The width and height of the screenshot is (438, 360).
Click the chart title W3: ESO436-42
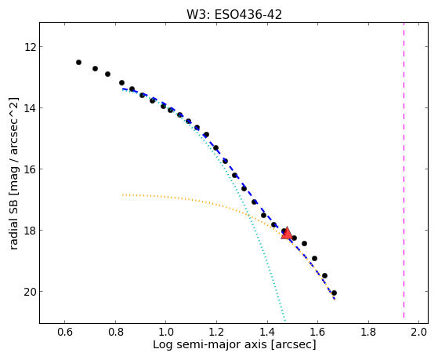click(234, 15)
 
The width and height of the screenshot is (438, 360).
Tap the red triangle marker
click(287, 234)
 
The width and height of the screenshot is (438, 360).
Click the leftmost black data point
click(79, 62)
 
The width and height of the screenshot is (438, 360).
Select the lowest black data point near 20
click(334, 293)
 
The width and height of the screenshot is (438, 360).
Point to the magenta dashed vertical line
click(404, 170)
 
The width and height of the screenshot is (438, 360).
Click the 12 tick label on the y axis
click(30, 47)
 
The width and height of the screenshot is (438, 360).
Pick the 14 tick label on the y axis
click(30, 108)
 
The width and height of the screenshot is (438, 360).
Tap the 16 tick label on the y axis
click(30, 169)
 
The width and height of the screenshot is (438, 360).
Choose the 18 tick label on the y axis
click(30, 231)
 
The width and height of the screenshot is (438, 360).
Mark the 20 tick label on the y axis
click(30, 292)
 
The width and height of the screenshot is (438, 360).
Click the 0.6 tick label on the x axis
click(65, 332)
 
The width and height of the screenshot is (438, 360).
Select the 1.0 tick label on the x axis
click(166, 332)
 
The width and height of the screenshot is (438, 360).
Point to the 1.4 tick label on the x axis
click(267, 332)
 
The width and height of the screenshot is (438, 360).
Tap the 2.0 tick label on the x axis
click(418, 332)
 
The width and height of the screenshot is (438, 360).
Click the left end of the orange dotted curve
click(122, 195)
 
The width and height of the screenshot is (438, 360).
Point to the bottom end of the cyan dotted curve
click(285, 321)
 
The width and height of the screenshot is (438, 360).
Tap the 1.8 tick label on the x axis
click(368, 332)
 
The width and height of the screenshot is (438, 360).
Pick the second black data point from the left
click(95, 68)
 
